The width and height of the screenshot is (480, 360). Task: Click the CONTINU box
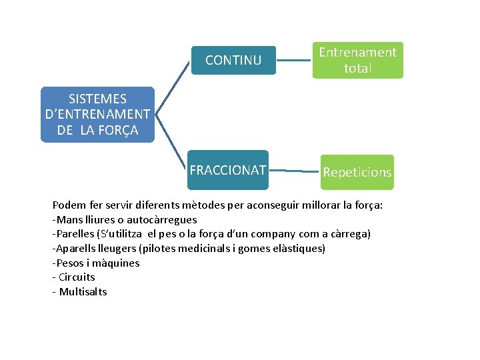[x=233, y=60]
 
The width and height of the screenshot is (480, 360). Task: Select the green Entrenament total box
[x=357, y=60]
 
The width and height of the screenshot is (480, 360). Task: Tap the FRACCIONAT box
[x=228, y=170]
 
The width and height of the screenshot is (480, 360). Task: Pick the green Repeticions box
[x=357, y=172]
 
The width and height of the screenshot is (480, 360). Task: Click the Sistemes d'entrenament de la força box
[x=97, y=115]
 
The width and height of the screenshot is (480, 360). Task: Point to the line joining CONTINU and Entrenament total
[x=294, y=61]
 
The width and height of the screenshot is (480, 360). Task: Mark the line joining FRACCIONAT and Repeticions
[x=294, y=171]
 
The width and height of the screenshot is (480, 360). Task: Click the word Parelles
[x=75, y=234]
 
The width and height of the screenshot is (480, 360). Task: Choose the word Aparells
[x=77, y=249]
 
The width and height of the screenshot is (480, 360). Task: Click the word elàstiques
[x=298, y=249]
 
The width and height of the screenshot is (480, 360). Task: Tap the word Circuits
[x=77, y=277]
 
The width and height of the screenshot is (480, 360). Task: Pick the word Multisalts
[x=83, y=292]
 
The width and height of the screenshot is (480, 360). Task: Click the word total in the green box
[x=357, y=68]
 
